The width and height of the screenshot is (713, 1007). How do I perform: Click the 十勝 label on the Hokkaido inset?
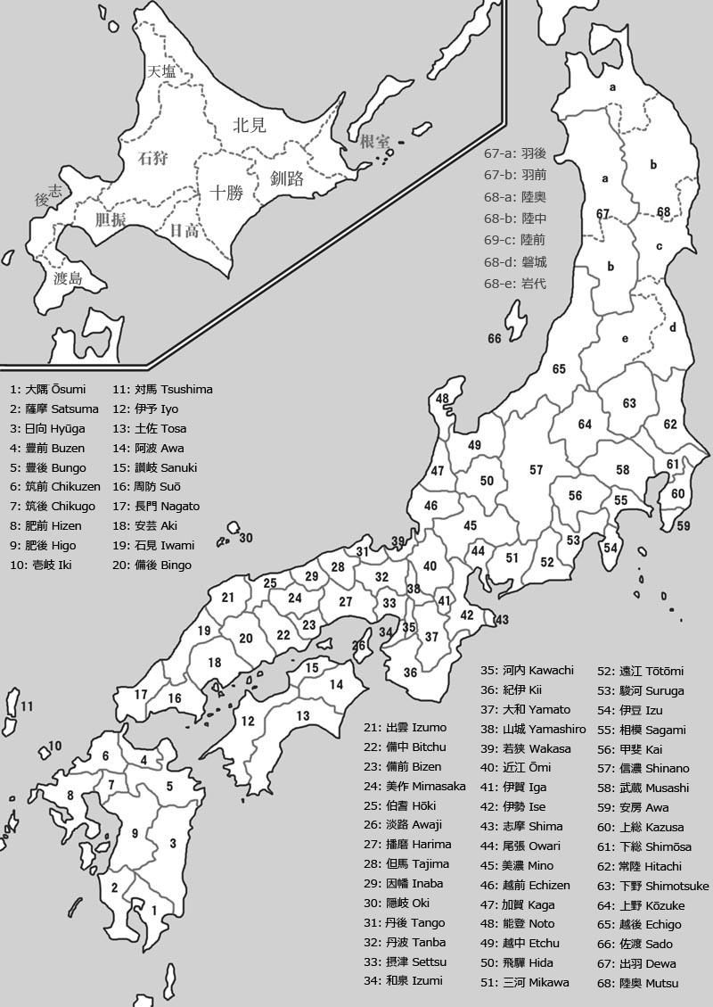226,192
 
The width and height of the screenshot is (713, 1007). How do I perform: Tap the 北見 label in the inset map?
250,125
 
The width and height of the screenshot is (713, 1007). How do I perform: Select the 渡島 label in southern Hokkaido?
68,279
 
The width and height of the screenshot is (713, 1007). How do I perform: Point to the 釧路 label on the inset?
287,178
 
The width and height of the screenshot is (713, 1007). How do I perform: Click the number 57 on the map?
536,470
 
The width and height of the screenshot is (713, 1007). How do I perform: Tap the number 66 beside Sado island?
495,339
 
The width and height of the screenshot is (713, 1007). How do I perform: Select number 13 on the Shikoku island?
303,715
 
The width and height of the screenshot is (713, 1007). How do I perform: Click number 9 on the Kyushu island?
135,833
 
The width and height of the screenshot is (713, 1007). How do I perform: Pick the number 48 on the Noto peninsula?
443,399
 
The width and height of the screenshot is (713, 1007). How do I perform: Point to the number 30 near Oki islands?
246,538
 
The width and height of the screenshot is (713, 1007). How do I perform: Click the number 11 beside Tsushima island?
27,706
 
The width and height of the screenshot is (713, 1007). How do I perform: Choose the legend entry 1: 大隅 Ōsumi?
48,390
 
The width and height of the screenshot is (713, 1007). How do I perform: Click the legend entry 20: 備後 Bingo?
152,565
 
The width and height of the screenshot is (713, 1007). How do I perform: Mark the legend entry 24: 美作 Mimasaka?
414,786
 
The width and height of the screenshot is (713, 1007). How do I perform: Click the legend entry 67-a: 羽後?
515,153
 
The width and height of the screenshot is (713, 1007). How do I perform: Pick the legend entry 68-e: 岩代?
515,284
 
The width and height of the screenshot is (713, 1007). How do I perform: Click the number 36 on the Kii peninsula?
410,673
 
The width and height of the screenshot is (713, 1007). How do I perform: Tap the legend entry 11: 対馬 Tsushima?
162,390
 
